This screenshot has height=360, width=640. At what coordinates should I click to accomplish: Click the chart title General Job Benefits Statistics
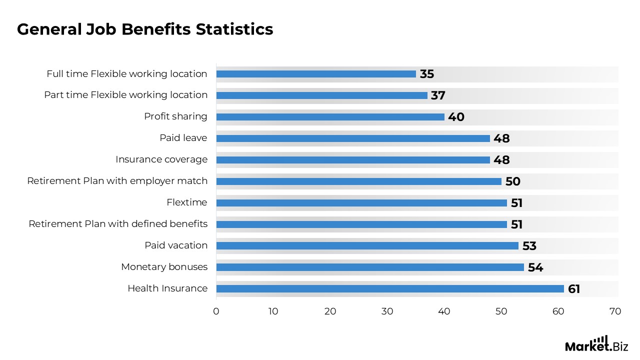click(145, 29)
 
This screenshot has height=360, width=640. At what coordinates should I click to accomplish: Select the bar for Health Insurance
click(390, 288)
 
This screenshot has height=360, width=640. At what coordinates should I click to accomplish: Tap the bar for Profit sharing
click(330, 117)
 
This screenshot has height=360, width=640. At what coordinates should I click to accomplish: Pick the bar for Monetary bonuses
click(370, 267)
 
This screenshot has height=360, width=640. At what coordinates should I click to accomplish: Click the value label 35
click(427, 74)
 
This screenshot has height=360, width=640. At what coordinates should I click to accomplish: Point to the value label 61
click(574, 289)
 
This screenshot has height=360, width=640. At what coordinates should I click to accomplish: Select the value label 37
click(438, 95)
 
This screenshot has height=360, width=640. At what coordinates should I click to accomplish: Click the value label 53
click(529, 246)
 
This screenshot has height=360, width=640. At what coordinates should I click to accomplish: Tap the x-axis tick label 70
click(615, 311)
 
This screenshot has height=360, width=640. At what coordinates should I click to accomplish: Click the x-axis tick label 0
click(216, 311)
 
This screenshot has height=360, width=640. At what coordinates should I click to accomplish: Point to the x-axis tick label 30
click(387, 311)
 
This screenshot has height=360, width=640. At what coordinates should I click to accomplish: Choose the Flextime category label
click(187, 202)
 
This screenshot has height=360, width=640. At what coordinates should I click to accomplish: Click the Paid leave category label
click(183, 138)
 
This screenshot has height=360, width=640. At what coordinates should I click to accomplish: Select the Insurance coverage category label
click(161, 159)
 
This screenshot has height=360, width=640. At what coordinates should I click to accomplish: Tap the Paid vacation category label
click(176, 245)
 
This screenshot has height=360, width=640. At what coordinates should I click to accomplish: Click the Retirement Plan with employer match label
click(117, 181)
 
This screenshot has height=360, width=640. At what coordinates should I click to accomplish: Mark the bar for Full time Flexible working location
click(316, 74)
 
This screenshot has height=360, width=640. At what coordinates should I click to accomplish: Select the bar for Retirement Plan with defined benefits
click(361, 224)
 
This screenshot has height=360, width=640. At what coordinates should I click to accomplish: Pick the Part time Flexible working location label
click(125, 95)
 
